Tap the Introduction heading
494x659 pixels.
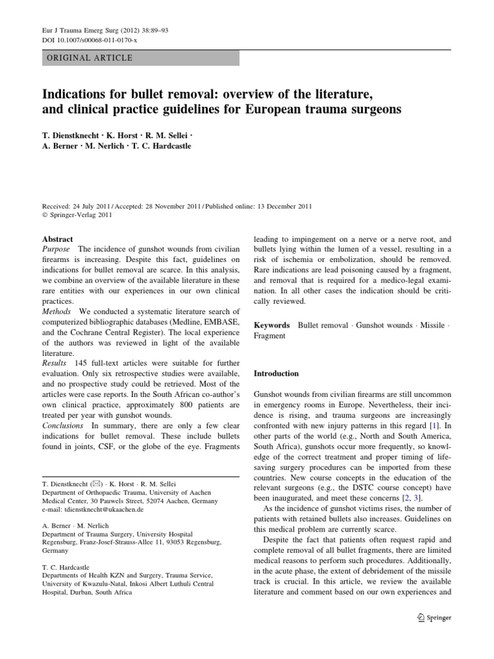[x=277, y=373]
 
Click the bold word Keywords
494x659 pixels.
[x=272, y=326]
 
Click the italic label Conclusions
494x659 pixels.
[x=62, y=426]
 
